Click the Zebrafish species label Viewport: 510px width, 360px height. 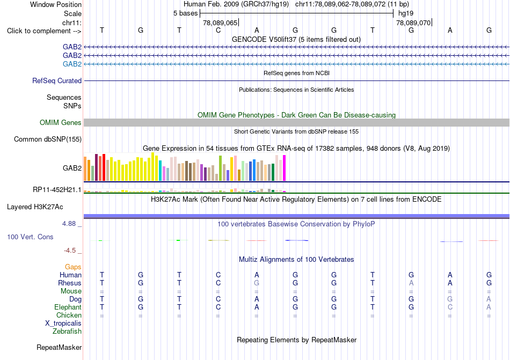[x=67, y=332]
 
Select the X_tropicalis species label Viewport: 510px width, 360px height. [x=63, y=324]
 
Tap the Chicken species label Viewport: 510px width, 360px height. [x=69, y=315]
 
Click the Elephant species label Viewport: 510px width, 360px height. [x=68, y=307]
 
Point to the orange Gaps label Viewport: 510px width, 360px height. [x=73, y=267]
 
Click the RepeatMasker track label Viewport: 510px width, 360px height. [x=59, y=347]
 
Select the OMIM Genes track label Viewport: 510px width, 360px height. [x=61, y=122]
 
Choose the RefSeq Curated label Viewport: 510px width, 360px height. [x=57, y=80]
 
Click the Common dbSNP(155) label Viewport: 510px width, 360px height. [x=48, y=139]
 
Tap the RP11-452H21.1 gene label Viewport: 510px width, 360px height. [x=57, y=190]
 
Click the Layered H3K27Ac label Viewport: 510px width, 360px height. [x=35, y=207]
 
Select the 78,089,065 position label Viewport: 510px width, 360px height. [x=220, y=23]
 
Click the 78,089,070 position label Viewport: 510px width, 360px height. [x=413, y=23]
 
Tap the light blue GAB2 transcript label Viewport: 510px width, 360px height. [x=72, y=64]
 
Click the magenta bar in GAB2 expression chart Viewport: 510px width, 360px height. [x=285, y=168]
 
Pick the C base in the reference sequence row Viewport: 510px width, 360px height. [x=218, y=30]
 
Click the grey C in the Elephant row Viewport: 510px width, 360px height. [x=450, y=307]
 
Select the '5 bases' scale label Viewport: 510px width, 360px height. [x=185, y=13]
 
